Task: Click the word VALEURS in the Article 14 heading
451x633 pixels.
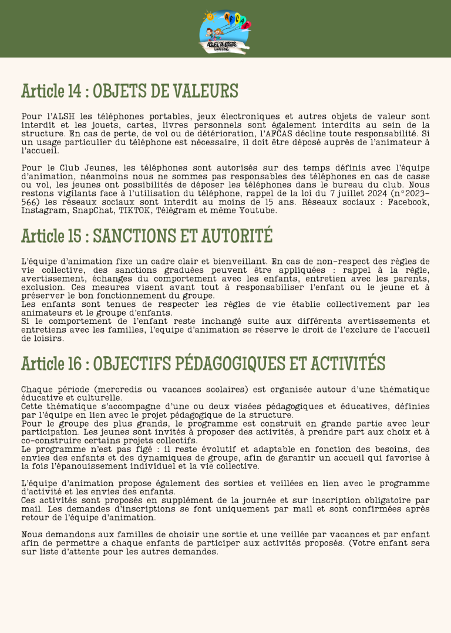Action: [205, 92]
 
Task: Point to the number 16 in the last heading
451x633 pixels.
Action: [73, 364]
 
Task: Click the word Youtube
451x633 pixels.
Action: [257, 210]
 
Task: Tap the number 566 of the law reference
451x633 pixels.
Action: [29, 202]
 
